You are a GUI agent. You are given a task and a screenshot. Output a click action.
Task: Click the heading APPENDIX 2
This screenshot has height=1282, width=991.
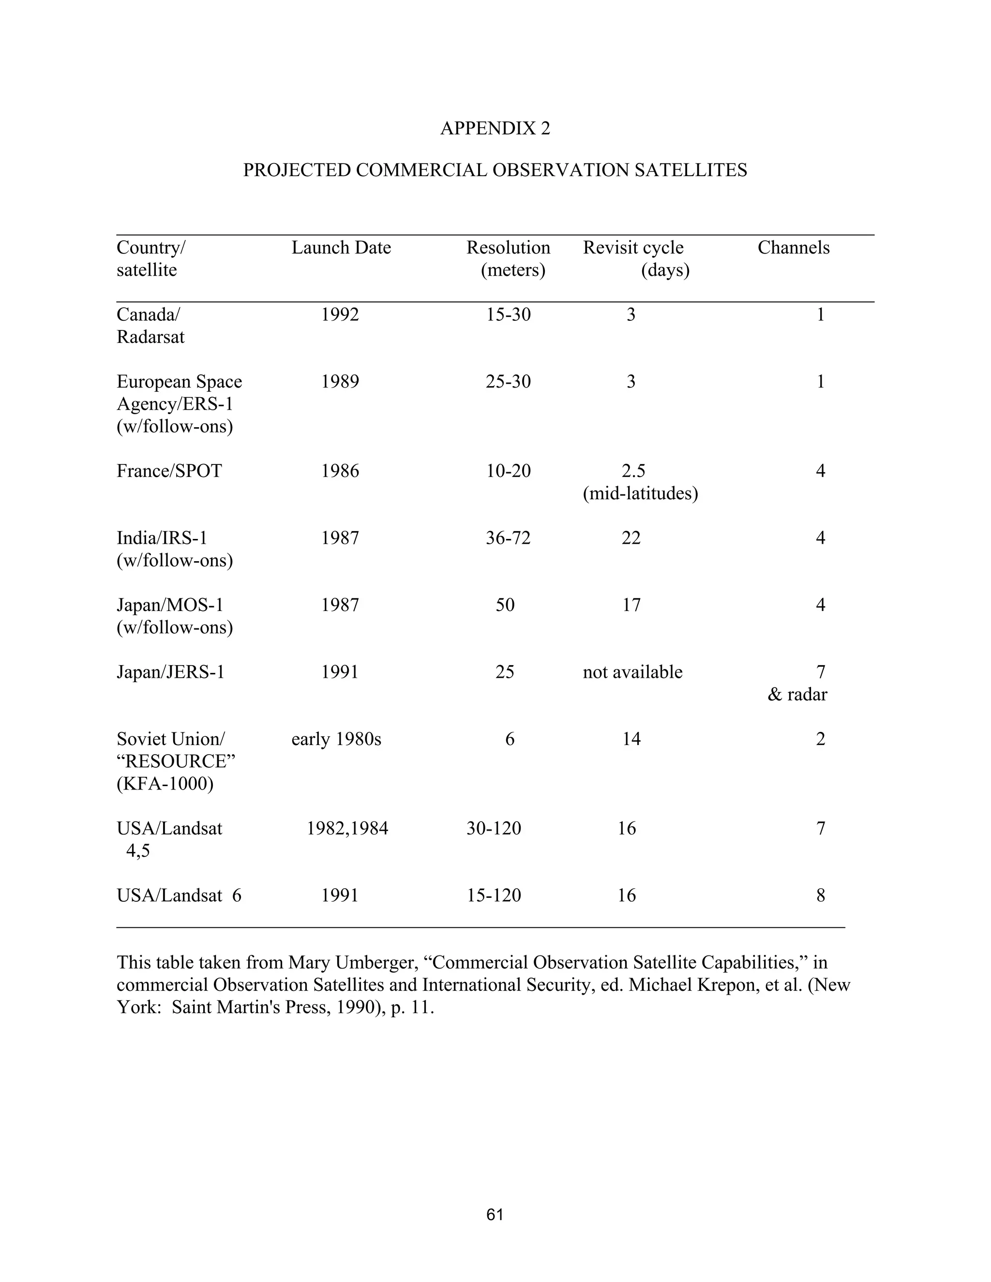[495, 128]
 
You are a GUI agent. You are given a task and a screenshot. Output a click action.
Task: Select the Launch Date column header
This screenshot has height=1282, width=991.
[341, 248]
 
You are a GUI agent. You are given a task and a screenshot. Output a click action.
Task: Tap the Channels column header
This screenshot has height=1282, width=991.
[793, 248]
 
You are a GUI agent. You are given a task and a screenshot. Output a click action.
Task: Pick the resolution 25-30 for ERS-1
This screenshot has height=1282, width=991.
[508, 382]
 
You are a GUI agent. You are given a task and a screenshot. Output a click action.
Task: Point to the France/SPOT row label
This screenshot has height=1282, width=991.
[169, 471]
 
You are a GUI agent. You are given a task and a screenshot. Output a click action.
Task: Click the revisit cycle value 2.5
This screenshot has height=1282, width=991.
[633, 471]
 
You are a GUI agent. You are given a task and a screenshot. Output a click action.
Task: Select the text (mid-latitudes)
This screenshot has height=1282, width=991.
[640, 493]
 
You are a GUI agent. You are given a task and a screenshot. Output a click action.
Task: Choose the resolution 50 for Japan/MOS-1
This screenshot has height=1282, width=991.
[505, 605]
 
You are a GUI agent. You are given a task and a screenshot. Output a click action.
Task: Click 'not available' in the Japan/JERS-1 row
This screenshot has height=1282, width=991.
[632, 671]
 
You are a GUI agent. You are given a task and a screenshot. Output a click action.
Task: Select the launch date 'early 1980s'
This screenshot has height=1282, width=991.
[336, 739]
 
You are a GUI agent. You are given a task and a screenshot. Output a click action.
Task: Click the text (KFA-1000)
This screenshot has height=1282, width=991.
[165, 784]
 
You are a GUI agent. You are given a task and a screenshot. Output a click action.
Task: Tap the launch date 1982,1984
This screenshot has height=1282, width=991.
[347, 828]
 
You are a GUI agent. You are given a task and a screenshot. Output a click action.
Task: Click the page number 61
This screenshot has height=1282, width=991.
[495, 1214]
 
